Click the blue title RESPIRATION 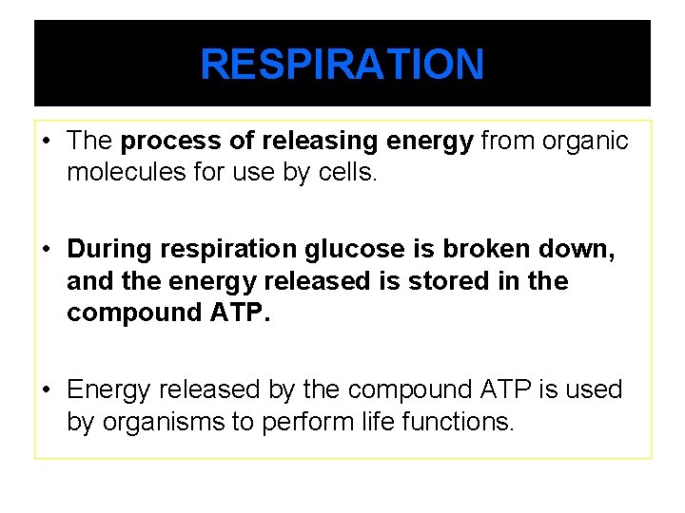pyautogui.click(x=342, y=65)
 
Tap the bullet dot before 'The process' pyautogui.click(x=46, y=142)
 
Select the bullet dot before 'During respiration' pyautogui.click(x=46, y=250)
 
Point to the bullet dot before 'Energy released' pyautogui.click(x=46, y=389)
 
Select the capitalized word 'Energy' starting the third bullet pyautogui.click(x=109, y=389)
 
